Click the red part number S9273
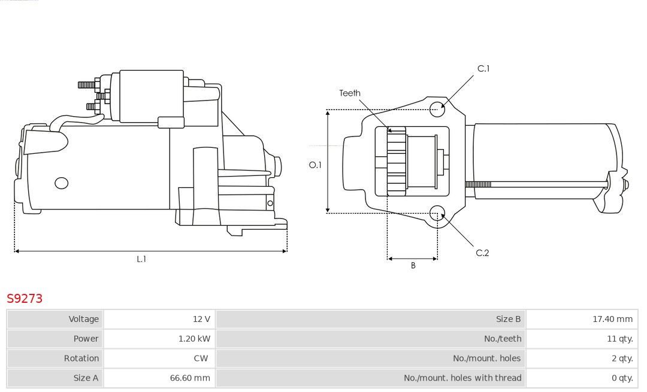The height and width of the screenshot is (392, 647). pos(25,298)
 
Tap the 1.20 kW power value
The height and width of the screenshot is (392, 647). pos(194,339)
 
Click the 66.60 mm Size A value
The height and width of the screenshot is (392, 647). pos(190,378)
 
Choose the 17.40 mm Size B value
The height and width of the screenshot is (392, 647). pos(612,319)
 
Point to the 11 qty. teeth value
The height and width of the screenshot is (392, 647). pos(619,339)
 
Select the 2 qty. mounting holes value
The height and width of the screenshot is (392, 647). pos(621,358)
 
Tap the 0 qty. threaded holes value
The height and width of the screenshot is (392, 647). pos(621,378)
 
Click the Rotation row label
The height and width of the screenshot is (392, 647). pos(81,358)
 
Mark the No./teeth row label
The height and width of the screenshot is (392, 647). pos(502,339)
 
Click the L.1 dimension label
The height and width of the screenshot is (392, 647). pos(141,259)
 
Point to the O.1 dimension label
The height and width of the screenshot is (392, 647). pos(315,165)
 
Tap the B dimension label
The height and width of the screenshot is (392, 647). pos(413,266)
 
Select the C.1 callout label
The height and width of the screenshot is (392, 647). pos(483,69)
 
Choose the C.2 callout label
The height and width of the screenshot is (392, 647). pos(482,253)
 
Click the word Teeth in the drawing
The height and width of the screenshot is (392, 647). pos(350,93)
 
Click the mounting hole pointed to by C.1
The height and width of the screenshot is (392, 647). pos(437,108)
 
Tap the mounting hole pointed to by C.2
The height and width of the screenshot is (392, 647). pos(437,214)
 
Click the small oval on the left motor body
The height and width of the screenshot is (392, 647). pos(62,183)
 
